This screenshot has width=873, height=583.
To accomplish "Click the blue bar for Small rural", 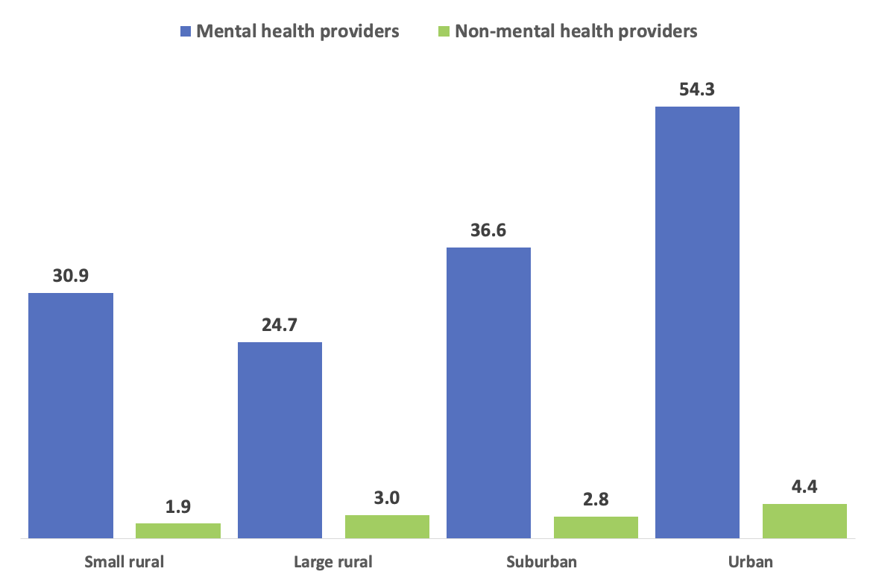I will [x=71, y=415].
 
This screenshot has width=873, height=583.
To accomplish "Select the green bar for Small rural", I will [x=178, y=530].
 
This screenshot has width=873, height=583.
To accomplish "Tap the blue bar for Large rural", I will [x=280, y=440].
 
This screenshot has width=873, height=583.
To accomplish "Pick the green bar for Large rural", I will [x=387, y=526].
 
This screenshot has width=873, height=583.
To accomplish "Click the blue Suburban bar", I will [x=488, y=392].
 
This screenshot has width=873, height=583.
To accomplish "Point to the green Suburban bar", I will [x=596, y=526].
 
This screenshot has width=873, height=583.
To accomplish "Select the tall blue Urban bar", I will [x=697, y=322].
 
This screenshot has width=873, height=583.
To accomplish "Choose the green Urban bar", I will [x=804, y=520].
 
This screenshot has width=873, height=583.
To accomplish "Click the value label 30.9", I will [x=71, y=275].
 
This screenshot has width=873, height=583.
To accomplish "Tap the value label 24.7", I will [x=280, y=325].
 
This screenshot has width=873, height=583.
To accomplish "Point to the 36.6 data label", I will [x=488, y=230].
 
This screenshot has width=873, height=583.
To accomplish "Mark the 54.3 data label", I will [x=697, y=89].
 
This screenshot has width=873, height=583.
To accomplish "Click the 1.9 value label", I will [x=178, y=506].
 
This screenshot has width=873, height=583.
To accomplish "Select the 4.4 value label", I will [x=804, y=486].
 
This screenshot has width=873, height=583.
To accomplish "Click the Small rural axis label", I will [x=124, y=561].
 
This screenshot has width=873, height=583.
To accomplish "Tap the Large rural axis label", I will [x=333, y=561].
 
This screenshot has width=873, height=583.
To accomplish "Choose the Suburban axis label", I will [x=542, y=561].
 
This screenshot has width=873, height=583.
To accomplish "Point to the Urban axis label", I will [x=751, y=561].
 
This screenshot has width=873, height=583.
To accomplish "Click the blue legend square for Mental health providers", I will [x=186, y=31].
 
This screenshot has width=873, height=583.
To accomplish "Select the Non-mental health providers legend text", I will [x=576, y=31].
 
